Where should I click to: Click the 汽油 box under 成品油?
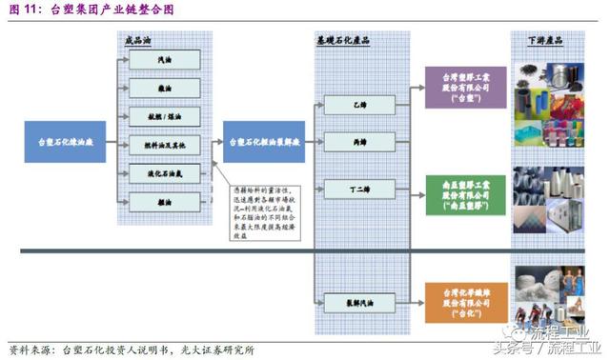pos(166,60)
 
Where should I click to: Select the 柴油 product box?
pos(166,89)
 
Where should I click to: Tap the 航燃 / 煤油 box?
pos(166,117)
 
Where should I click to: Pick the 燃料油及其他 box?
pos(166,146)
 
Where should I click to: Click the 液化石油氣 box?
pos(166,174)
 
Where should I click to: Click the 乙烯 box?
pos(357,102)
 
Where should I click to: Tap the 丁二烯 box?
pos(357,189)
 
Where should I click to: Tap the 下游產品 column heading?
pos(545,41)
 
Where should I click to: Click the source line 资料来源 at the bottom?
pos(133,349)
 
